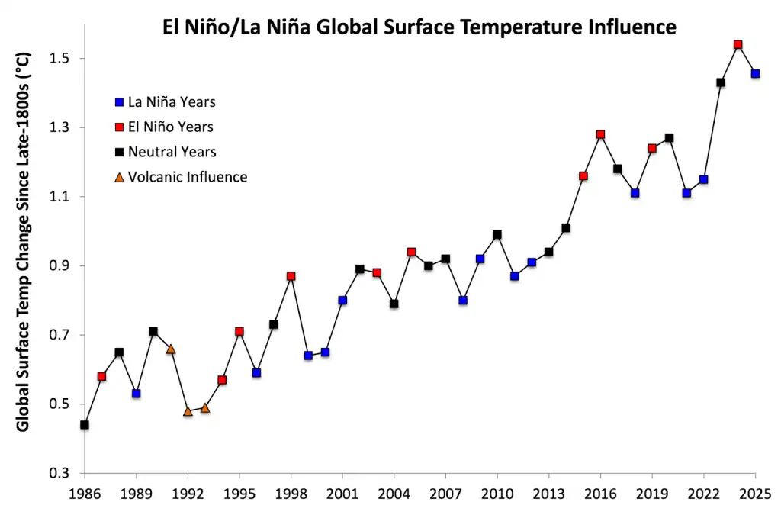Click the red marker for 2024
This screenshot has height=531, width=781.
coord(738,44)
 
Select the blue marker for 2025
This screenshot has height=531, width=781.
coord(755,74)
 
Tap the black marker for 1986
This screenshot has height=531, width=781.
coord(85,425)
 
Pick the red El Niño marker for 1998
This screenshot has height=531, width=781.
coord(291,276)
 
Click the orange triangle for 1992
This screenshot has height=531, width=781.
coord(188,411)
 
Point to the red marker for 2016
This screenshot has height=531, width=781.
coord(600,134)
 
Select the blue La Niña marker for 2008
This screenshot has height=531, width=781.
coord(463,301)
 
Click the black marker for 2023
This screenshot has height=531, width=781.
coord(721,82)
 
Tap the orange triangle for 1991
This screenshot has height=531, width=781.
coord(171,349)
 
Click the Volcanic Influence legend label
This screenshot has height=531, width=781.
coord(188,177)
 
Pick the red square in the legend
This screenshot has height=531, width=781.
coord(118,127)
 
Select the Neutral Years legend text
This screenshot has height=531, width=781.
coord(172,152)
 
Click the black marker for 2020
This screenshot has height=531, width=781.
coord(669,138)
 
